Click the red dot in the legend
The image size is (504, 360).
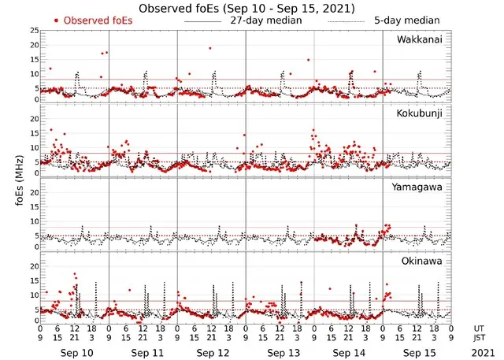click(x=56, y=20)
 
